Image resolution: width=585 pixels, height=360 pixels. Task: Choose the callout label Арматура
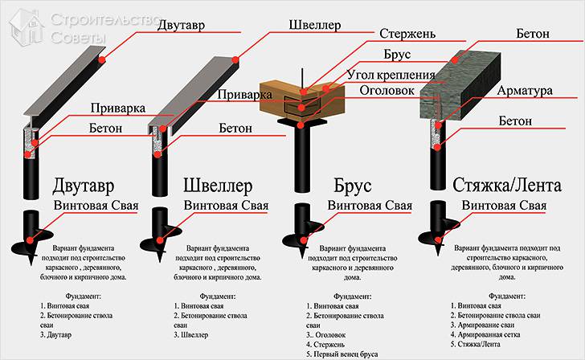[x=523, y=92]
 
